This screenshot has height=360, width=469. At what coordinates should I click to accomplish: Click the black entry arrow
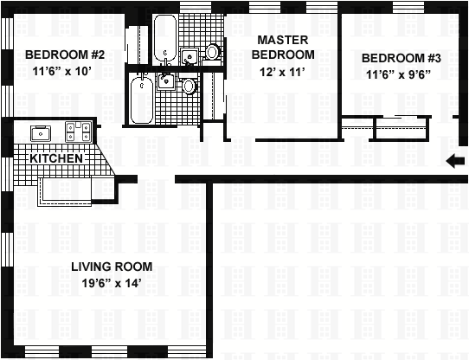455,161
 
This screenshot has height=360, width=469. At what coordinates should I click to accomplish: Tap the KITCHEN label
56,158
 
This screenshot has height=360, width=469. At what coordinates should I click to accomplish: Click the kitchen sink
41,133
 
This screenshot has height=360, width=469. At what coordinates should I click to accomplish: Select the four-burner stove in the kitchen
78,132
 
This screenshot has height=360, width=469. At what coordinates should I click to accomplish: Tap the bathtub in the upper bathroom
165,39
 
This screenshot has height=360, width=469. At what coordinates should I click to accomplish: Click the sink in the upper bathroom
190,56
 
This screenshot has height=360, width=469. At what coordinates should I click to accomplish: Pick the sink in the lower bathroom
165,80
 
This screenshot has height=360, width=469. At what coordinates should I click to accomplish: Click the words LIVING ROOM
112,267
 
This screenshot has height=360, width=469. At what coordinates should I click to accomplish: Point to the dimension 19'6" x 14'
112,283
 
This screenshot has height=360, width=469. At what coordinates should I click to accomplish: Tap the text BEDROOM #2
65,55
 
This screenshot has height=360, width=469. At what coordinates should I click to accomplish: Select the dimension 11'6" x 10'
62,71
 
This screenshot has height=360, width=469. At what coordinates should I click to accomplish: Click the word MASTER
283,40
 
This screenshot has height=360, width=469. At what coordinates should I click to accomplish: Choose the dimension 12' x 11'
282,72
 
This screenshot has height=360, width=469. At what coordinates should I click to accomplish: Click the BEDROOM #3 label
402,58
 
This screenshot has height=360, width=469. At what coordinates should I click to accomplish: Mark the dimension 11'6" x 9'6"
399,74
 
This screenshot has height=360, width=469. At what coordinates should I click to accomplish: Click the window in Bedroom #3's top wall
408,7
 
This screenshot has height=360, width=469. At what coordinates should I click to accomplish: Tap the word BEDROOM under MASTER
283,55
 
